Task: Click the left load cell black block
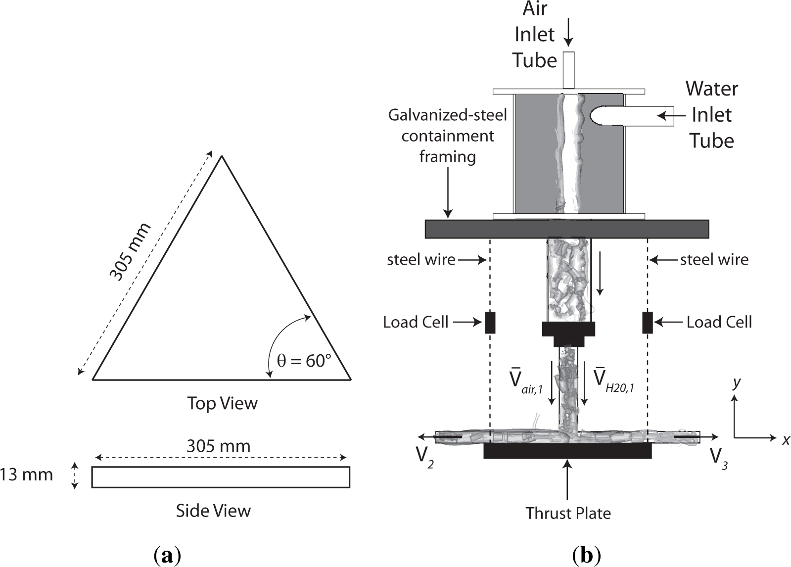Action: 490,323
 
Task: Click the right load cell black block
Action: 647,323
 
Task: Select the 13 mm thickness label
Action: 27,475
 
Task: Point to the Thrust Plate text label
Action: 568,513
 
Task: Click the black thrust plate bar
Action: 567,451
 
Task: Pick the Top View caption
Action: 222,403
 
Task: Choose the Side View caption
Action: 213,511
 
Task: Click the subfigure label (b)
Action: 587,556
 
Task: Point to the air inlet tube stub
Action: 569,70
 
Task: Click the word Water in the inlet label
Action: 711,89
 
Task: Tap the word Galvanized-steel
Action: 448,115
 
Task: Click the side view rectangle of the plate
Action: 221,477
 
